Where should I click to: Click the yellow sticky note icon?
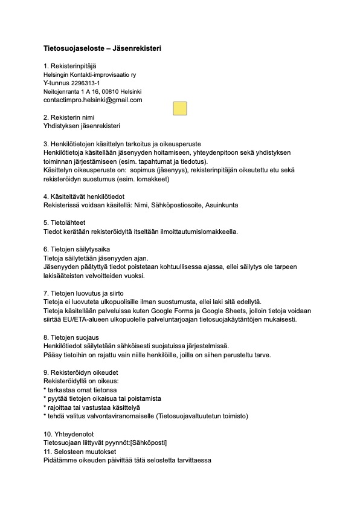[x=179, y=108]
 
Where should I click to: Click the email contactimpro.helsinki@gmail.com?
[x=92, y=100]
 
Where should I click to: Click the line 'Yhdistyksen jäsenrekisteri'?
[x=82, y=126]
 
